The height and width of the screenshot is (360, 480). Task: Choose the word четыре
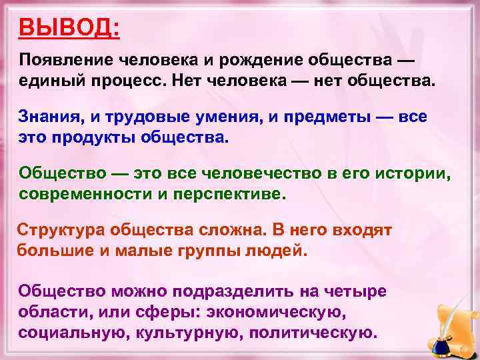pyautogui.click(x=353, y=291)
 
